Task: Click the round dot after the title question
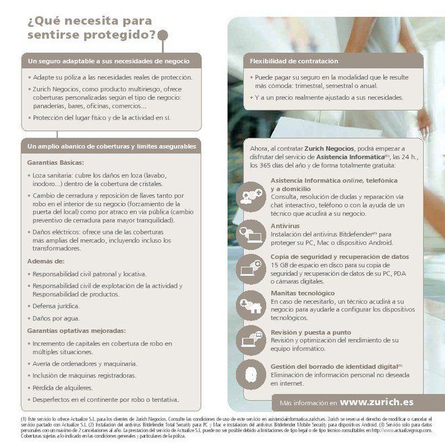tap(162, 34)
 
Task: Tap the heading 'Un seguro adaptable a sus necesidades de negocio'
tap(109, 61)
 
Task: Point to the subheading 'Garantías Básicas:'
tap(55, 162)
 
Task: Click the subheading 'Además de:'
tap(46, 260)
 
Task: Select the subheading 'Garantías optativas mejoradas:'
tap(76, 331)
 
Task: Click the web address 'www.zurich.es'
tap(377, 402)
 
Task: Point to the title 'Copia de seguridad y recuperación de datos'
tap(340, 257)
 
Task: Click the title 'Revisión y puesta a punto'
tap(311, 332)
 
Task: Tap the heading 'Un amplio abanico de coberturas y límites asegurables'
tap(112, 146)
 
